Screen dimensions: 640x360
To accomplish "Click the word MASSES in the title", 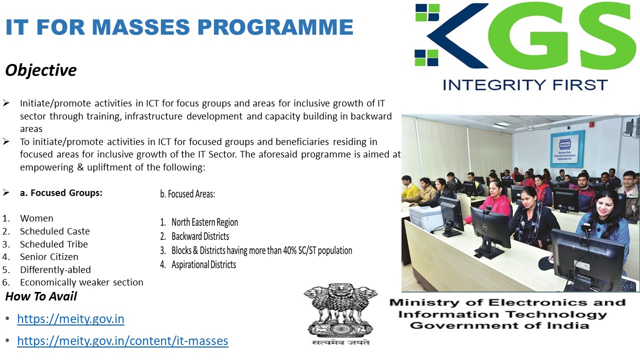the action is click(x=141, y=27).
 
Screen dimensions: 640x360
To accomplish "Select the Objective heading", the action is click(x=41, y=70).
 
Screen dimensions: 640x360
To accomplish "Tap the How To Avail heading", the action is click(x=41, y=296).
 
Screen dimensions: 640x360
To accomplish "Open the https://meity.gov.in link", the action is click(x=70, y=319).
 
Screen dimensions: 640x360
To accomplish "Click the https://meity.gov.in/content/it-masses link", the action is click(x=122, y=341).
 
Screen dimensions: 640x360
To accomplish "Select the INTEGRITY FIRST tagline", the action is click(x=525, y=85).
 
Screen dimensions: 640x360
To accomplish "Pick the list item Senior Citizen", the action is click(x=49, y=257).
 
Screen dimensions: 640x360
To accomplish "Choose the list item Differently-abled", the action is click(x=55, y=269).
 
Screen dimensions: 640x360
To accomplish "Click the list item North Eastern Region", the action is click(x=204, y=222).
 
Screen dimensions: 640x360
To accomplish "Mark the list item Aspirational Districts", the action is click(x=203, y=264).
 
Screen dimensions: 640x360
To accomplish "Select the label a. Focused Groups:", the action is click(x=61, y=193).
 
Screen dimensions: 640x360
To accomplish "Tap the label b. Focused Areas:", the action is click(x=187, y=194).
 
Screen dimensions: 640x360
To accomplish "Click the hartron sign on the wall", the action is click(x=567, y=148).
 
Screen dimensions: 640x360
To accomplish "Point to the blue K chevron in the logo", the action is click(x=457, y=35).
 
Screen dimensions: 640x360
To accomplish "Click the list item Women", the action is click(x=36, y=218).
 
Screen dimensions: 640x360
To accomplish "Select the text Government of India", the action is click(x=499, y=325).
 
